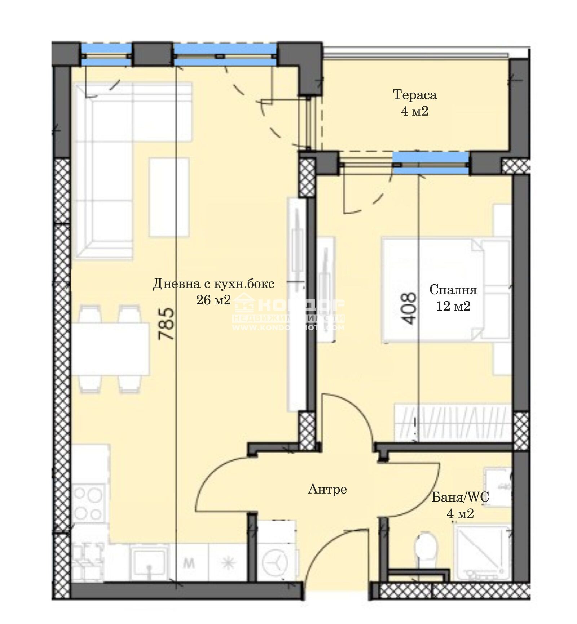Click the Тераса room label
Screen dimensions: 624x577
tap(414, 95)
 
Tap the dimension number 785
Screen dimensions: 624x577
tap(167, 324)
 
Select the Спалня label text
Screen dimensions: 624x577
tap(453, 290)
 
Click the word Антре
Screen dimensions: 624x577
tap(327, 489)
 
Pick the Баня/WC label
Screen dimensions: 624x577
tap(460, 498)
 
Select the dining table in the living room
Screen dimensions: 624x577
tap(110, 349)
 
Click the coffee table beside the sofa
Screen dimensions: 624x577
tap(169, 197)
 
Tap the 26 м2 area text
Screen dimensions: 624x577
tap(213, 299)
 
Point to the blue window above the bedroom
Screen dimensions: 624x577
tap(431, 163)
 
